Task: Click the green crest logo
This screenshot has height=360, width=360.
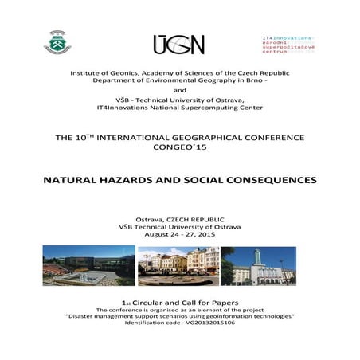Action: tap(57, 41)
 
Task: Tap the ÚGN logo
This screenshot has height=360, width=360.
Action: tap(178, 44)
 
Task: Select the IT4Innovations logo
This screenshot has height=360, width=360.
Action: tap(288, 43)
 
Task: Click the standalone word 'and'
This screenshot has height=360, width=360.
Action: tap(179, 90)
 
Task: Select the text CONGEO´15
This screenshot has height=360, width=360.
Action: tap(179, 147)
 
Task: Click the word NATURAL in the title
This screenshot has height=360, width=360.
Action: tap(70, 180)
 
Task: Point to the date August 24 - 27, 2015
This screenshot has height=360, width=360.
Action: tap(179, 236)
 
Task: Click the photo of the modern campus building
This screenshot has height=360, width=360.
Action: tap(88, 266)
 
